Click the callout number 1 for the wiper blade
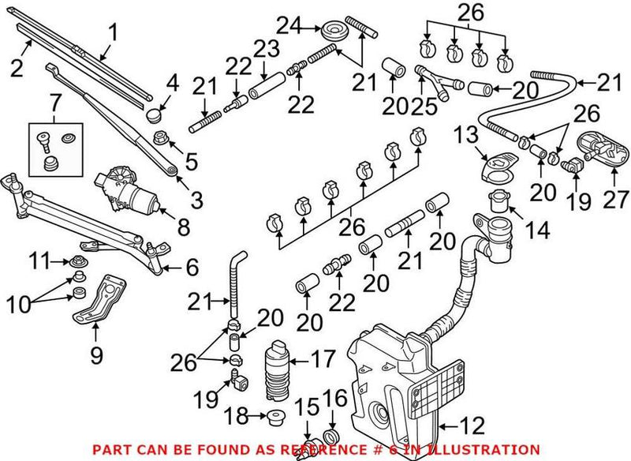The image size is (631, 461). pyautogui.click(x=113, y=32)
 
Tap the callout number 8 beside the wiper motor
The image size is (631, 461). pyautogui.click(x=183, y=229)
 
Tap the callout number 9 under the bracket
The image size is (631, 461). pyautogui.click(x=95, y=355)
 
